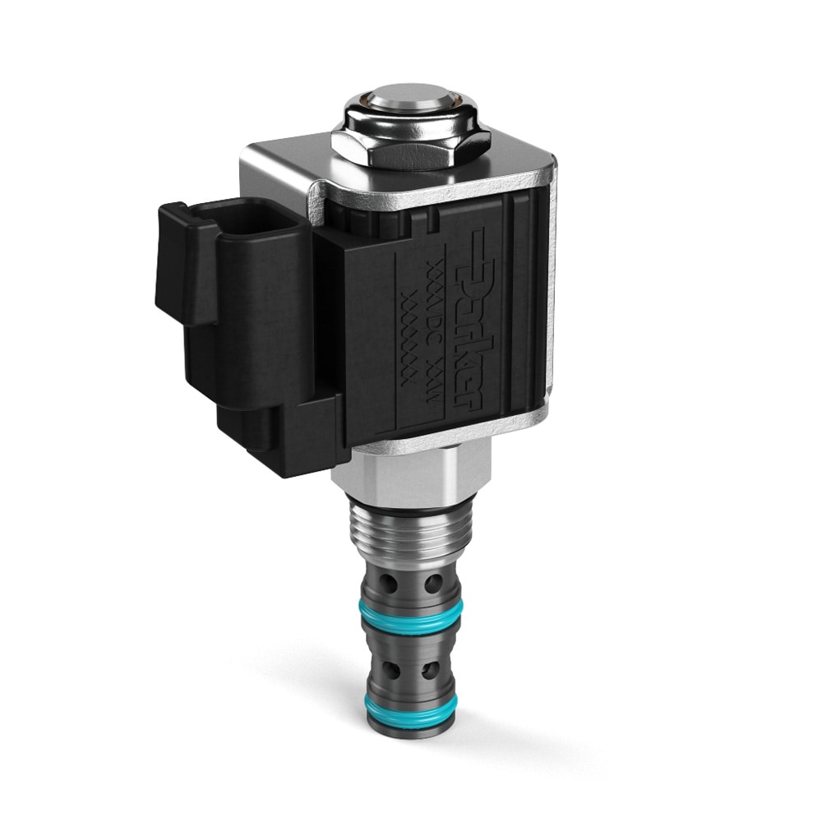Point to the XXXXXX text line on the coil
[x=409, y=329]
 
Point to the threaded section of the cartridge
[x=409, y=534]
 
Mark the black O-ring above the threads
[x=409, y=502]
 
